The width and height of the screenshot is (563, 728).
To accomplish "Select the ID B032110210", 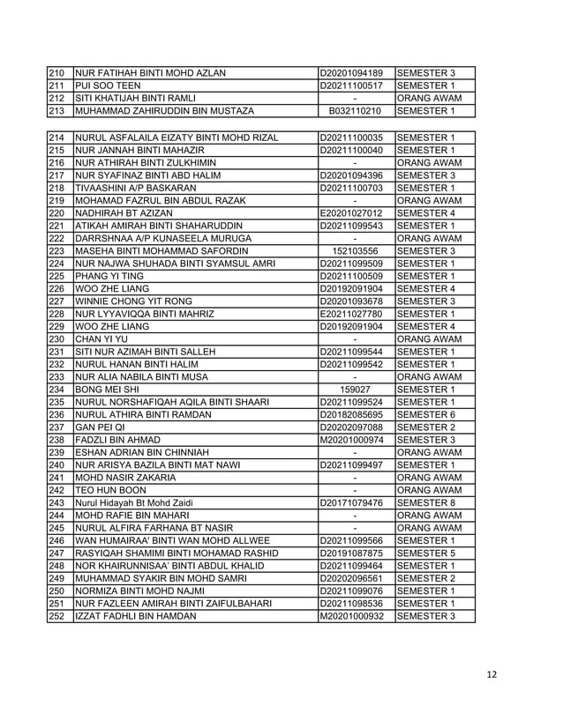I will pos(355,111).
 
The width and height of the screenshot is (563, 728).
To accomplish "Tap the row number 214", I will pos(57,138).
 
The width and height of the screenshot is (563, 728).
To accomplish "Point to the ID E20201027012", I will pos(354,213).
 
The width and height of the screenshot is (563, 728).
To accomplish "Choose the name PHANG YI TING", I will pos(109,276).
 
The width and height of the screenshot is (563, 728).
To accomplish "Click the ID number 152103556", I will pos(354,251).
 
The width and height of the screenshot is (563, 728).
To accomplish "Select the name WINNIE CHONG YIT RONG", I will pos(133,301).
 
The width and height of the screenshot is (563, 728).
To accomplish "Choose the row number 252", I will pos(57,615).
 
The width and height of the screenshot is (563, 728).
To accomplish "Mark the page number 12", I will pos(492,675).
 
